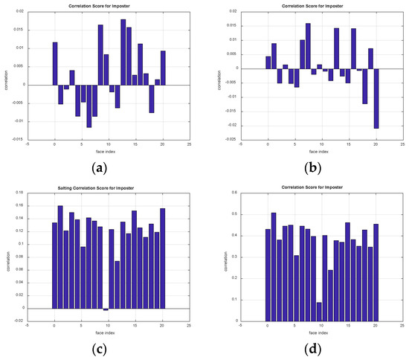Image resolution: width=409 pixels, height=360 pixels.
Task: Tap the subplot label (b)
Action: click(x=313, y=167)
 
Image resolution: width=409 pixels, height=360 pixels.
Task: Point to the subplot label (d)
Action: click(x=313, y=349)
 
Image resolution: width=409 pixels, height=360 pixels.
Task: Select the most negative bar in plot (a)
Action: click(x=89, y=106)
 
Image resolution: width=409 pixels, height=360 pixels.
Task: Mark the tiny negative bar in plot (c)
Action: click(x=106, y=309)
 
